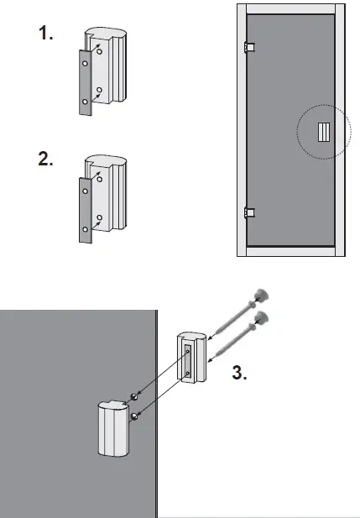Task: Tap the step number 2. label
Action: click(47, 160)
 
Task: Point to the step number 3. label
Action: click(239, 374)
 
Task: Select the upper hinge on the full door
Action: click(247, 47)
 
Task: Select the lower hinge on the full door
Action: click(247, 212)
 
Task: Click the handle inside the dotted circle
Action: click(323, 132)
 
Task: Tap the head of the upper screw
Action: click(262, 294)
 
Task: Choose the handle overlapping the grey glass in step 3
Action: click(114, 427)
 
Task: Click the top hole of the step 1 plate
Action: click(84, 61)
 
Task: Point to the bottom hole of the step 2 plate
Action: click(84, 228)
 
